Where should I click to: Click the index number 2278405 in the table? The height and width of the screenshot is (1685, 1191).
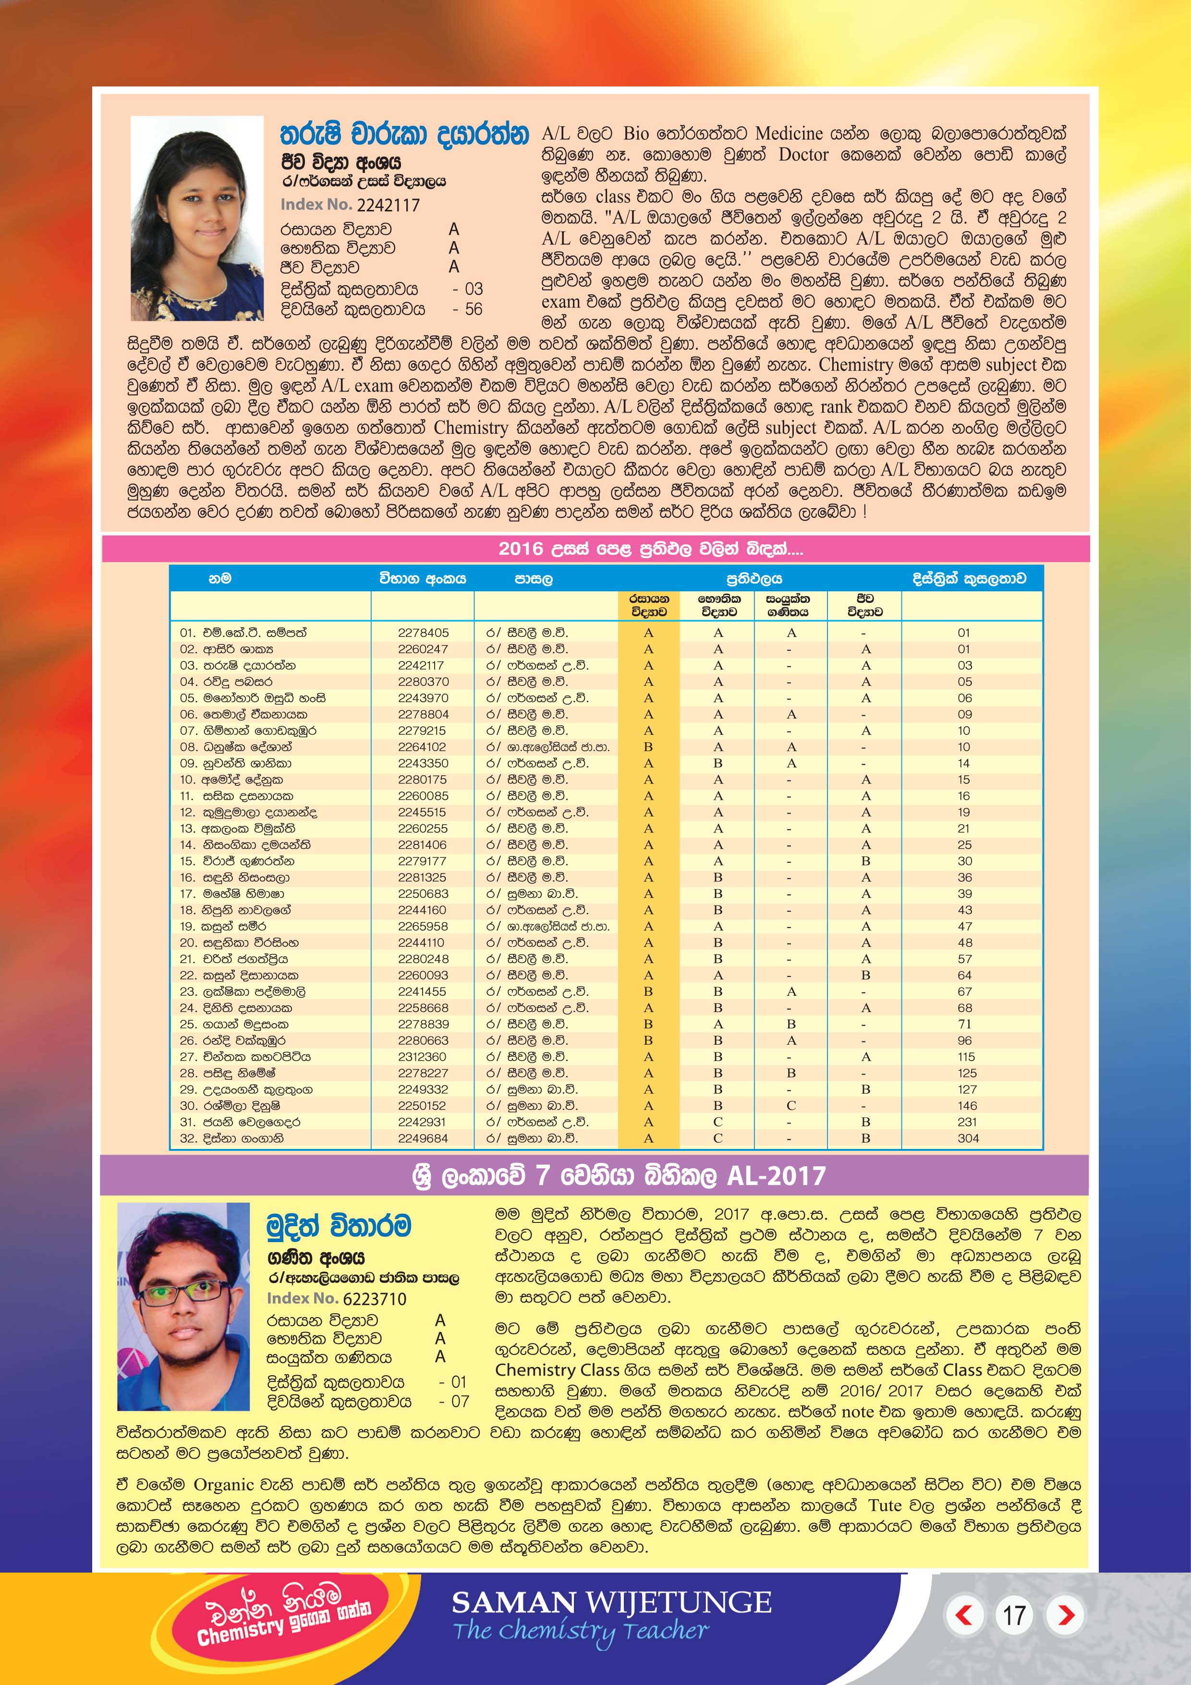pos(423,633)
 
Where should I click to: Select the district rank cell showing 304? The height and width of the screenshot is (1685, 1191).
pos(967,1138)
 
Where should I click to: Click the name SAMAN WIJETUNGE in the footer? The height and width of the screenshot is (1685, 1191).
pos(611,1602)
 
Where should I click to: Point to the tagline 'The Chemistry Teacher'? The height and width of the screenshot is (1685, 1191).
pos(581,1631)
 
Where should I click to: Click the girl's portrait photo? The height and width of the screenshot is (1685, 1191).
pos(197,218)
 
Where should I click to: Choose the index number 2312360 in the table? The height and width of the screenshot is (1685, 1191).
pos(422,1057)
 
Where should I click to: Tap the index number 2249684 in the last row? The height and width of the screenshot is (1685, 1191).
pos(422,1138)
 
